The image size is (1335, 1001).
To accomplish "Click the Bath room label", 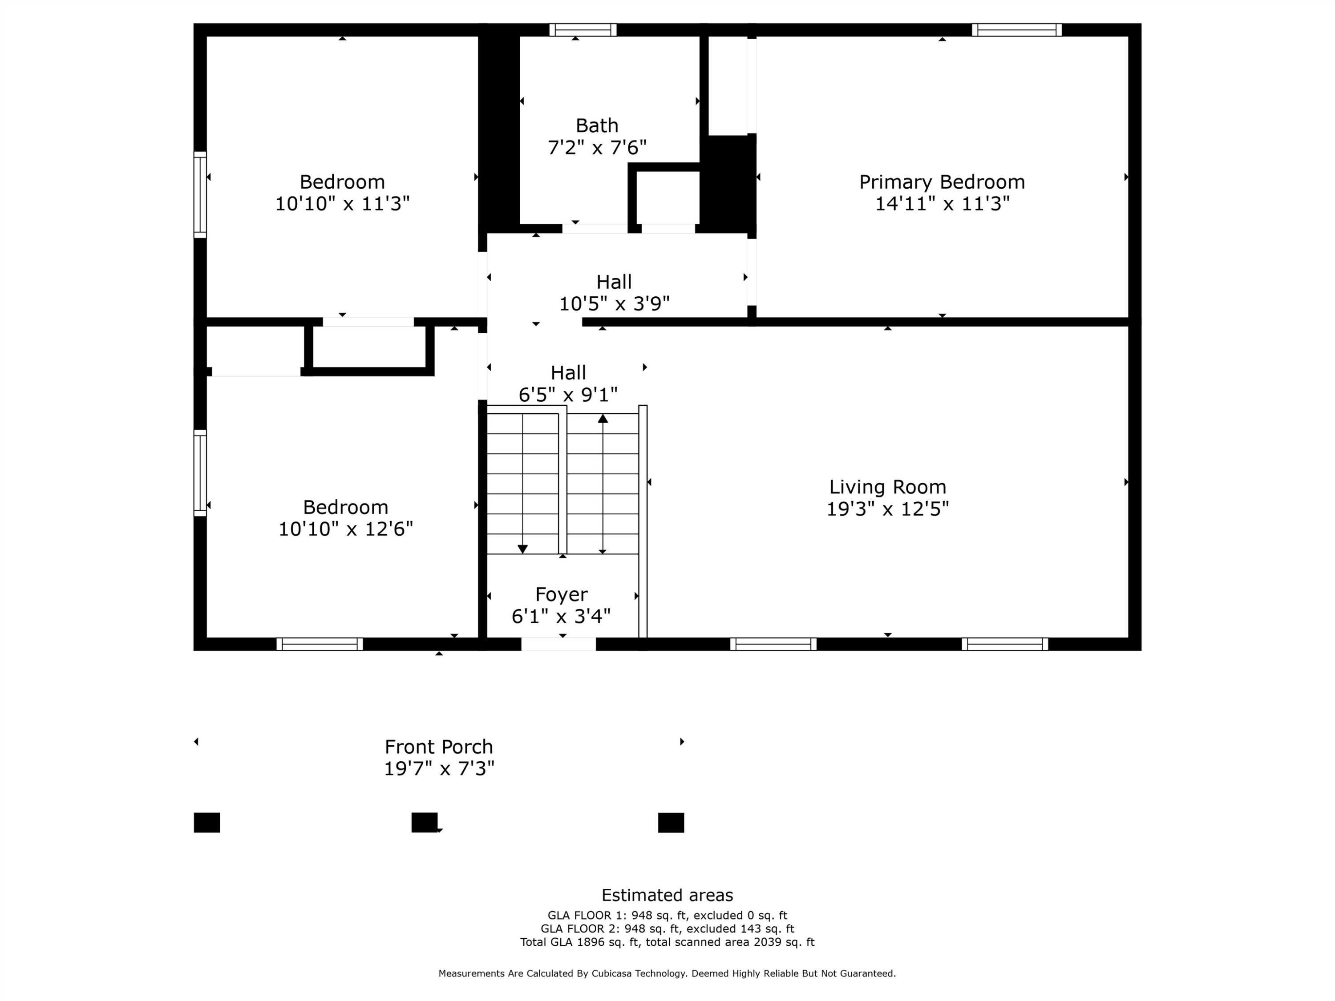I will pos(596,125).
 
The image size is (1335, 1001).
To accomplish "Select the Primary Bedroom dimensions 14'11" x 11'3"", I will pos(942,204).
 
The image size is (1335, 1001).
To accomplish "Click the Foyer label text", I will pos(561,594).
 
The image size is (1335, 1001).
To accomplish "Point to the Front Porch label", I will pos(439,747).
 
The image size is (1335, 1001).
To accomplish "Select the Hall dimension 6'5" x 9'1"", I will pos(568,395).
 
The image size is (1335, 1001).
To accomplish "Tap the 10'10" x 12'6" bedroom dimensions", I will pos(345,529).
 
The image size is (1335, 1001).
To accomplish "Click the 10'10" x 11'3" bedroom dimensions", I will pos(342,204).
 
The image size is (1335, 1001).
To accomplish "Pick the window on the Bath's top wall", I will pos(583,29).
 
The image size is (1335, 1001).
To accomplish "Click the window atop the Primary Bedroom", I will pos(1016,29).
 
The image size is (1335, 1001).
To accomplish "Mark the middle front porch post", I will pos(424,823).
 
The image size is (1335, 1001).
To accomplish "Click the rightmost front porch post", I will pos(671,823).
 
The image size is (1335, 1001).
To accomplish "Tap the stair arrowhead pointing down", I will pos(523,549).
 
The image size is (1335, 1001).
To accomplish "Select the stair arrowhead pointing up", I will pos(603,418).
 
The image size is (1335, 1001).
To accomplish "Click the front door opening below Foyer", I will pos(558,644).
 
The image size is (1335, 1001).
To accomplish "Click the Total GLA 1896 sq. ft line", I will pos(667,942).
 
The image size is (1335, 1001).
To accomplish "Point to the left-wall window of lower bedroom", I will pos(200,473).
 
